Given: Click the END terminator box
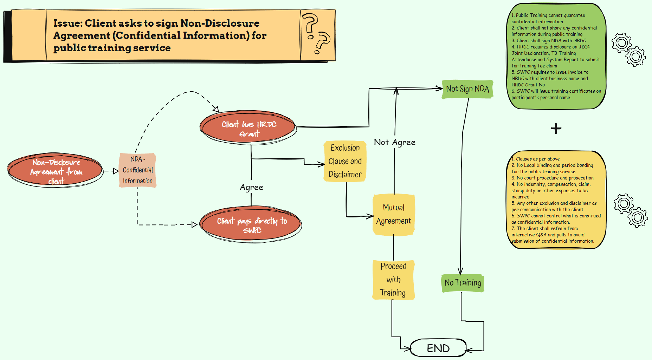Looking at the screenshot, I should tap(438, 348).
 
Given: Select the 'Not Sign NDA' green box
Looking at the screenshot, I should tap(467, 89).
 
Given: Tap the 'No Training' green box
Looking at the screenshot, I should tap(463, 283).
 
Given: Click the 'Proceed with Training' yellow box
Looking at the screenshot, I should tap(393, 280).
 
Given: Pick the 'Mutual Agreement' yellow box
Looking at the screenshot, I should tap(394, 214).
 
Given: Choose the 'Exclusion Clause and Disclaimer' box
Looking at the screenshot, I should tap(345, 161).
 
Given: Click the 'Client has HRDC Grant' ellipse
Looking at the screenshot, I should tap(248, 129).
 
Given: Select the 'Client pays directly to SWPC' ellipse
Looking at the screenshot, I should tap(252, 225).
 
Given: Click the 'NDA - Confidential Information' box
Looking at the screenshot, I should tap(137, 170).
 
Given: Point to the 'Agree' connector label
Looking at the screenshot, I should tap(251, 187).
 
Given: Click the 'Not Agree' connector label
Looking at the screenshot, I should tap(394, 142).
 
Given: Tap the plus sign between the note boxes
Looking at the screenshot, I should tap(556, 129).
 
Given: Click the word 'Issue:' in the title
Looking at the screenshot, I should tap(68, 23).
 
